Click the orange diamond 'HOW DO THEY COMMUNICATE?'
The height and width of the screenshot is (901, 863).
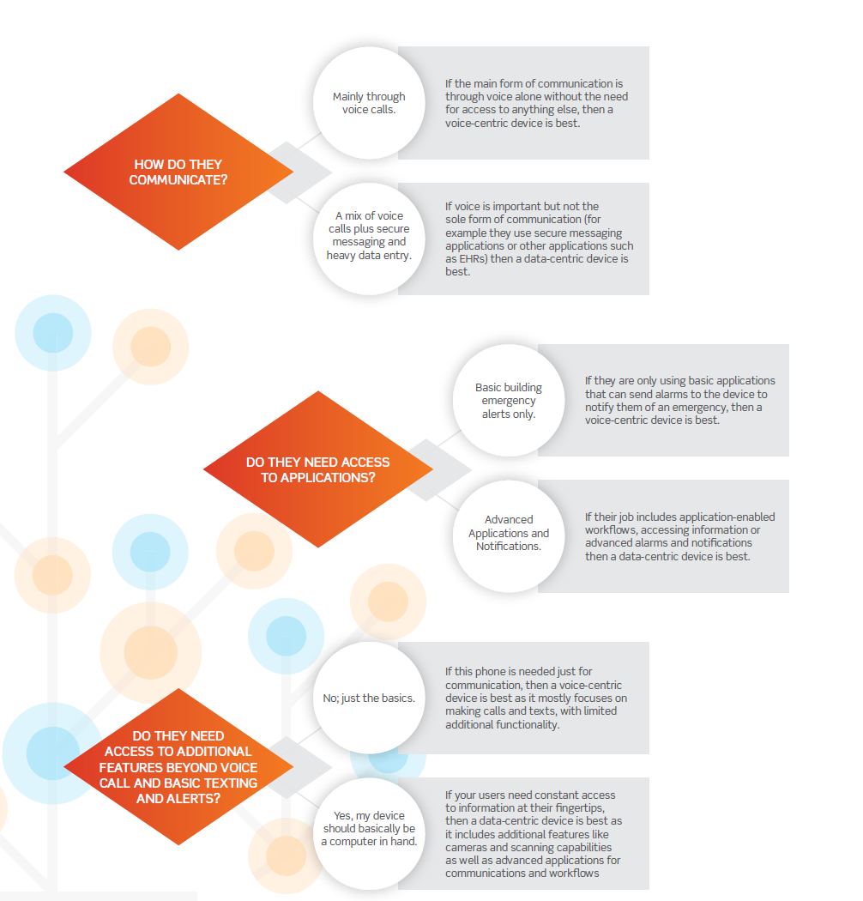point(178,172)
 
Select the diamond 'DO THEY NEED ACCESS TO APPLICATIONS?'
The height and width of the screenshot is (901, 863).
point(317,469)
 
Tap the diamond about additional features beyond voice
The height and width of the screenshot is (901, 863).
point(178,766)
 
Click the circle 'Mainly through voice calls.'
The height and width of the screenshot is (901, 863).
point(369,103)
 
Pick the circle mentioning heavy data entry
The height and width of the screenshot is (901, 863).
point(369,239)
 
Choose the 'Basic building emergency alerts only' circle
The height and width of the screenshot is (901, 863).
point(509,401)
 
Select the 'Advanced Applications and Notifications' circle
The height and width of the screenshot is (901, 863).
point(509,536)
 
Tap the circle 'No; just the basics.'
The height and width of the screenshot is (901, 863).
point(369,698)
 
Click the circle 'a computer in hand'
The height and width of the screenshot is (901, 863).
point(369,834)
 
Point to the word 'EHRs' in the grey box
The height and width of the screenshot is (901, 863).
point(473,258)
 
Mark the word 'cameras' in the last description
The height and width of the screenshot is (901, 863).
point(466,848)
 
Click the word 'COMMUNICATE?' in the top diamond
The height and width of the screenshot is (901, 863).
point(178,180)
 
